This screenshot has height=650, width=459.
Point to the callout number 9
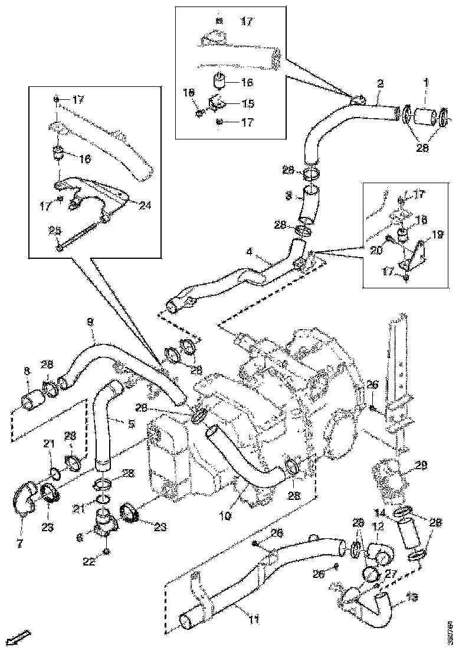(x=90, y=322)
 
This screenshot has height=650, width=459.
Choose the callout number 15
(x=248, y=103)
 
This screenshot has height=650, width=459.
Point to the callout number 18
(x=188, y=93)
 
